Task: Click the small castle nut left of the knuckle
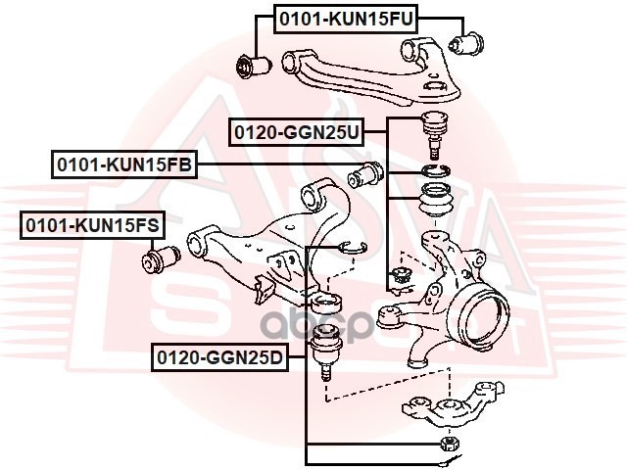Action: click(398, 278)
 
